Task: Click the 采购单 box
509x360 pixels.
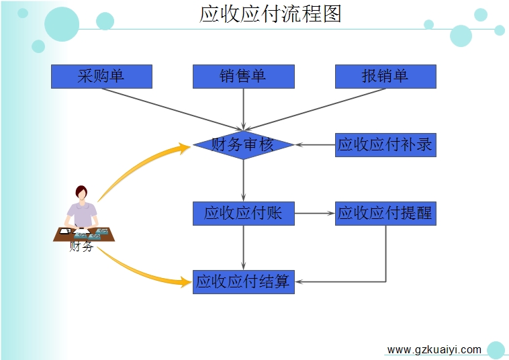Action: click(x=101, y=77)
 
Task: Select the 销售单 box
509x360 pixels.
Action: click(x=244, y=77)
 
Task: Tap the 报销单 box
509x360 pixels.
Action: click(x=385, y=77)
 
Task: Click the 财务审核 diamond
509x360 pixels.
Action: click(x=244, y=145)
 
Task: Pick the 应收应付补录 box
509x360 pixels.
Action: click(x=385, y=145)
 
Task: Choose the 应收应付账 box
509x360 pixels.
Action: click(x=244, y=214)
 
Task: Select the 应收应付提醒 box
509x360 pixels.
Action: click(x=385, y=214)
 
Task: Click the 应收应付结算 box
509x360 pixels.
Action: click(x=244, y=282)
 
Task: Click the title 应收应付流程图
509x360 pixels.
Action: click(x=270, y=14)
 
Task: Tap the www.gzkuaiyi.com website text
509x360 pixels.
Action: click(x=434, y=350)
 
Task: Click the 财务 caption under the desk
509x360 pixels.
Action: click(x=81, y=246)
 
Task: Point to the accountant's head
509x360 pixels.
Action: click(x=81, y=193)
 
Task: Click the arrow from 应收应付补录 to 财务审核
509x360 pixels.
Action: click(x=315, y=145)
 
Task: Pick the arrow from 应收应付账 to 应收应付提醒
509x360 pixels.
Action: click(x=315, y=214)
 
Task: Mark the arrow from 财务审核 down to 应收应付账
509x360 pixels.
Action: click(x=244, y=181)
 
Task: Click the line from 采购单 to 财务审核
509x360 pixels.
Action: click(x=172, y=109)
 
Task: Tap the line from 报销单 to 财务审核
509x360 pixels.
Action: click(x=315, y=109)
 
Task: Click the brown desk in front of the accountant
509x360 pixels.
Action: click(x=84, y=234)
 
